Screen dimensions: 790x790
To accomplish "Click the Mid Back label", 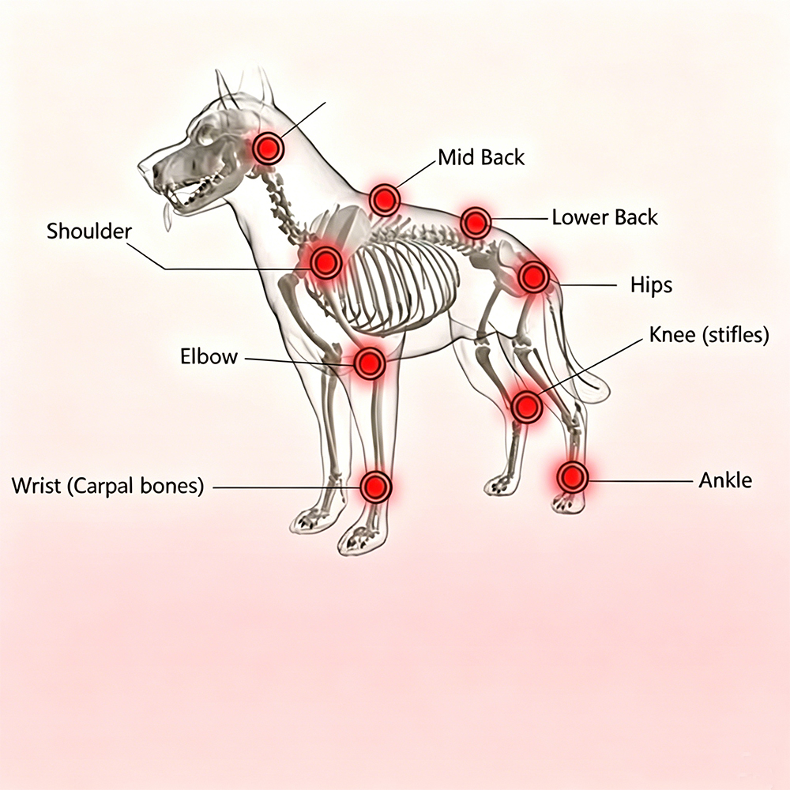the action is (x=481, y=157).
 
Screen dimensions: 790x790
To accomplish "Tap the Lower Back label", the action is (x=604, y=217).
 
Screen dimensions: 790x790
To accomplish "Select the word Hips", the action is (x=651, y=285).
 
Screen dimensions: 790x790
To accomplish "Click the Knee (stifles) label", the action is (x=709, y=334).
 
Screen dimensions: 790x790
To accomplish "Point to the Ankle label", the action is (x=725, y=480).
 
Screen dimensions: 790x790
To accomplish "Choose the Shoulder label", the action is (x=89, y=231).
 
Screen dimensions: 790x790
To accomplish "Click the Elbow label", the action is (x=209, y=356).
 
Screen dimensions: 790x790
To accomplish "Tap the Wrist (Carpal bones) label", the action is (x=107, y=486).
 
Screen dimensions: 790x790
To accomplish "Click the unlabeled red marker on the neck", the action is (x=268, y=148).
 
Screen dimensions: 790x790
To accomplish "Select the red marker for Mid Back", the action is (x=385, y=200).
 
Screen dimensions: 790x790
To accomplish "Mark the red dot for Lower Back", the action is (x=475, y=222).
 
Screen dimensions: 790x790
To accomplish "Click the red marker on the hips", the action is (x=533, y=276).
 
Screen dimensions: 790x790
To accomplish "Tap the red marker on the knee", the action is (x=526, y=406).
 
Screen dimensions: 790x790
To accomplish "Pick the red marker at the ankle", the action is (x=572, y=476).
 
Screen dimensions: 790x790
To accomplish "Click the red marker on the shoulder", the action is (x=325, y=261).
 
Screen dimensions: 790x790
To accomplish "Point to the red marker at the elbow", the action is (x=370, y=363).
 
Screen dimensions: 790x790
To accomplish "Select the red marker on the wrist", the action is (x=376, y=487).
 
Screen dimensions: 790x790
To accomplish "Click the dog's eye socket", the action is (x=205, y=135).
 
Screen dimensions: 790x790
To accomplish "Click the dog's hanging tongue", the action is (x=167, y=217).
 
